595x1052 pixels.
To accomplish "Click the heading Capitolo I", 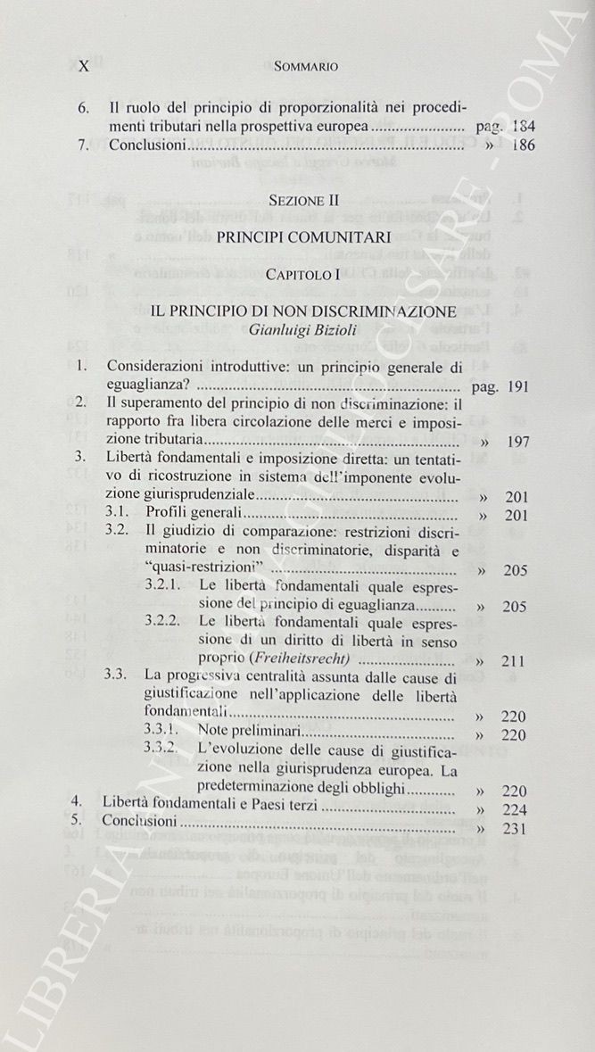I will tap(305, 274).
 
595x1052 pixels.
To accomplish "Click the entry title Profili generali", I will tap(181, 515).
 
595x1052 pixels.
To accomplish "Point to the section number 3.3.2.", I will tap(165, 752).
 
